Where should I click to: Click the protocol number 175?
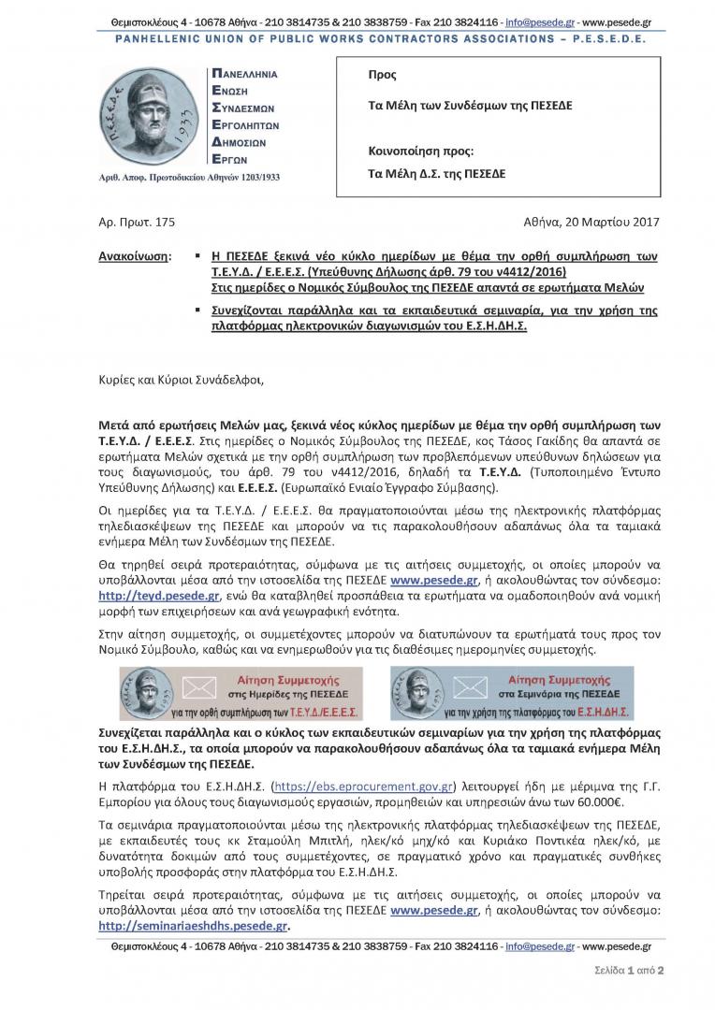pyautogui.click(x=165, y=222)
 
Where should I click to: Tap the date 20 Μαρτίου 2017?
pyautogui.click(x=609, y=222)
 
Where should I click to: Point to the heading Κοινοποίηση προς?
pyautogui.click(x=422, y=150)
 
